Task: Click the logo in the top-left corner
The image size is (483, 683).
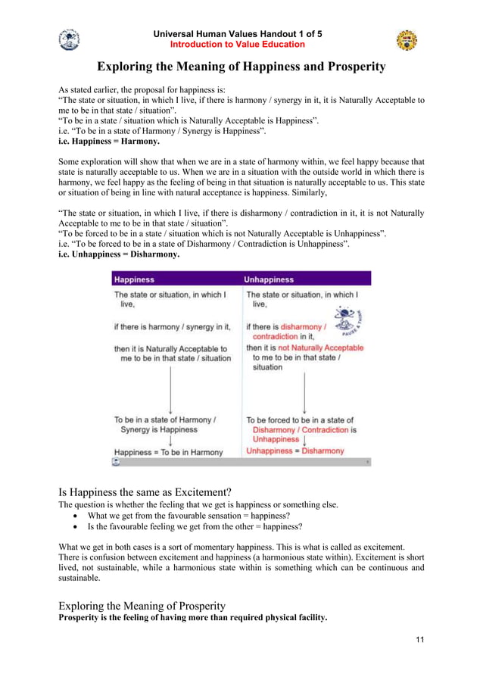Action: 69,39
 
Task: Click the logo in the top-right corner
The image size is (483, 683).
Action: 407,40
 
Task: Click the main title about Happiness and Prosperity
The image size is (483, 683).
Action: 241,67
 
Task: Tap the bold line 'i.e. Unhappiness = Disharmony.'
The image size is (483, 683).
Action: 120,255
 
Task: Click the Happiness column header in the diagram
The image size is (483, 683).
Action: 134,279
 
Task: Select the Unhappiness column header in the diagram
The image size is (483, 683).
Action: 270,279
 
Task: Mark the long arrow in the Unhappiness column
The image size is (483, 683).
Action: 304,392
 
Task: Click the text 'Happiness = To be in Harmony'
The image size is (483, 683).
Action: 169,452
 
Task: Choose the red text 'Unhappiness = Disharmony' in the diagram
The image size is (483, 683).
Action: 295,451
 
